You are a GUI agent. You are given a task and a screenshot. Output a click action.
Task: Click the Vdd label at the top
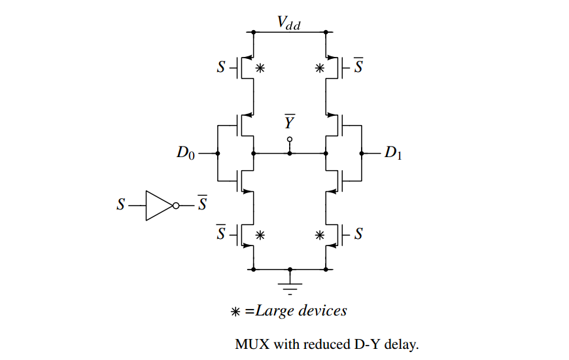click(288, 24)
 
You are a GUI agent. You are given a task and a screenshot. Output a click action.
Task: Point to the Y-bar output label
click(289, 122)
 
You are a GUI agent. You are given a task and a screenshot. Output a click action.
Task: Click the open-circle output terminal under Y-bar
click(290, 139)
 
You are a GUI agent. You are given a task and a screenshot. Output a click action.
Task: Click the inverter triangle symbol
click(159, 206)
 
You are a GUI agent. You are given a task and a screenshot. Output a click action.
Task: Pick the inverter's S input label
click(120, 206)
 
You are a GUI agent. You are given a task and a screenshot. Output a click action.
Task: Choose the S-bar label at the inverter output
click(202, 204)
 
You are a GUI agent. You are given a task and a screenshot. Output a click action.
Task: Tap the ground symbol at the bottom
click(290, 283)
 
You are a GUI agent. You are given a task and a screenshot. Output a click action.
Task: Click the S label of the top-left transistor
click(222, 67)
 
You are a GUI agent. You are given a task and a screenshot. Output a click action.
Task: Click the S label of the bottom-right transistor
click(358, 234)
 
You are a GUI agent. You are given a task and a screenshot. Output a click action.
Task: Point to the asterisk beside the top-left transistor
click(260, 67)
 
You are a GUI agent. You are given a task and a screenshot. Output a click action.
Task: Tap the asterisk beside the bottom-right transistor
click(320, 234)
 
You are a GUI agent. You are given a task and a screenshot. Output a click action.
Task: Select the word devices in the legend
click(322, 310)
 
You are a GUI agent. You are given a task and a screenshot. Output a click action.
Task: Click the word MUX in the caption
click(250, 344)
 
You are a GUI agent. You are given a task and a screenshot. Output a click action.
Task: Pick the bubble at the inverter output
click(176, 206)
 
